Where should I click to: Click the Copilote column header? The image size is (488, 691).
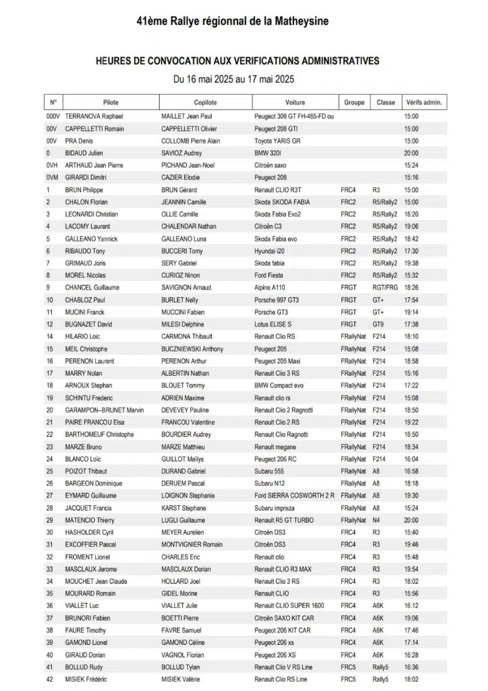(205, 103)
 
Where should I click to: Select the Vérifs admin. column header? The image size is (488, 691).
(424, 103)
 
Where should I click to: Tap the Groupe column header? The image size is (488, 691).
(354, 103)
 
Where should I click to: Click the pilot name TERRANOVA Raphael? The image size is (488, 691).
(95, 116)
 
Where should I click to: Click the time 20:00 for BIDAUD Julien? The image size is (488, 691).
(411, 153)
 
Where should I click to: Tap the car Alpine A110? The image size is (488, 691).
(273, 288)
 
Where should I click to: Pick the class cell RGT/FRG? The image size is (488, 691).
(385, 288)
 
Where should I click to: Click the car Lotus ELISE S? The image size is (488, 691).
(273, 324)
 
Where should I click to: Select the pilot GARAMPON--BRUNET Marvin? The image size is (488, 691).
(104, 410)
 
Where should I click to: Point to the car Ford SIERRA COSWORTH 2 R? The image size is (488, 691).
(294, 496)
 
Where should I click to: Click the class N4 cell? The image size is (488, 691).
(376, 520)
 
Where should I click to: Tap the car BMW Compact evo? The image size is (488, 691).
(279, 386)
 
